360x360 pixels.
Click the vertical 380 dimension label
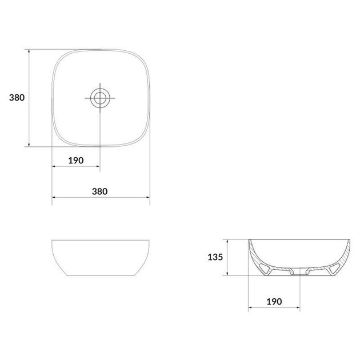16,98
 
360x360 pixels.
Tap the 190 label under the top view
76,160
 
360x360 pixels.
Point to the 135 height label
214,257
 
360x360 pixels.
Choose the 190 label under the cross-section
273,301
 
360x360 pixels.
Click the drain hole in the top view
100,98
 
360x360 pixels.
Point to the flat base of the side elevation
101,277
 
